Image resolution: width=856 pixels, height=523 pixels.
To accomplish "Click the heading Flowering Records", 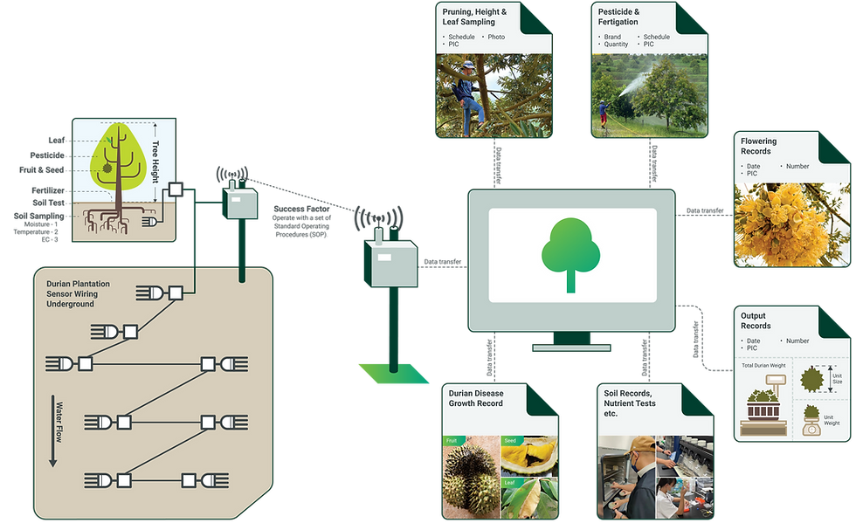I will [757, 146].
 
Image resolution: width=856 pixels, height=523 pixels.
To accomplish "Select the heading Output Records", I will [756, 320].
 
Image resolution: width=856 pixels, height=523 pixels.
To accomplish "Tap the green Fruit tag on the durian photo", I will [451, 441].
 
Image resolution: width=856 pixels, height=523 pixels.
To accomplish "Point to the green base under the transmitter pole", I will [393, 372].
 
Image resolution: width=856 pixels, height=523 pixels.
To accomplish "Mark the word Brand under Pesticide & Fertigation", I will [614, 38].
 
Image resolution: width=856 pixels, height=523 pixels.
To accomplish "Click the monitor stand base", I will [572, 347].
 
